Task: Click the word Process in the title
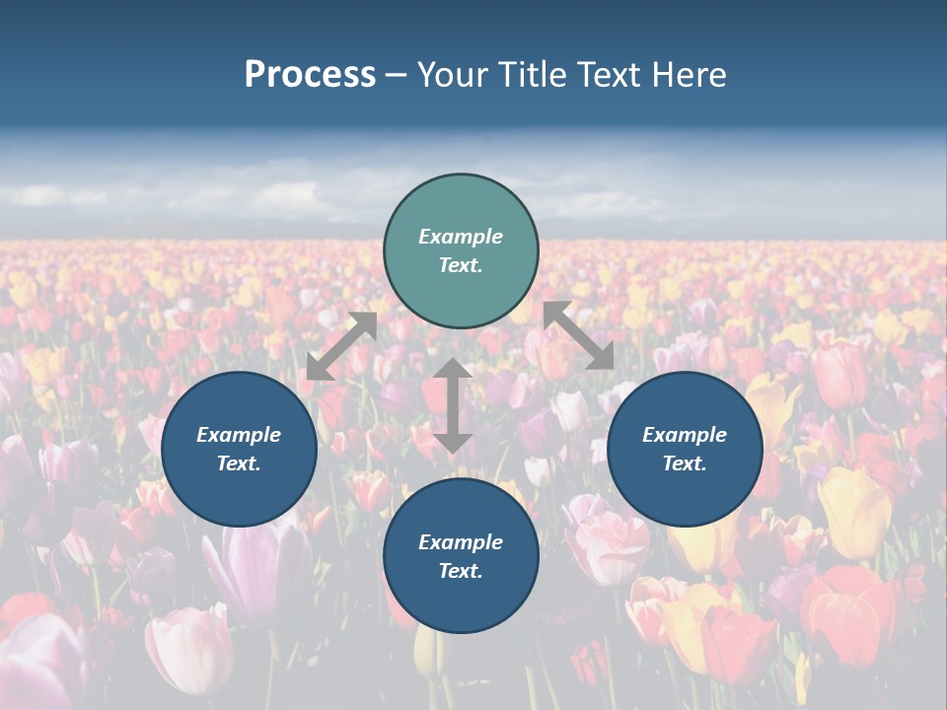(x=310, y=75)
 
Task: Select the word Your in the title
(x=453, y=75)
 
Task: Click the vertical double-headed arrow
(x=453, y=405)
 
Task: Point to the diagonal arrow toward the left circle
(x=341, y=346)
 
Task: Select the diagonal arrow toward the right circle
(x=578, y=335)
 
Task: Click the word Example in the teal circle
(x=461, y=237)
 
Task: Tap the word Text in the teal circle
(x=459, y=265)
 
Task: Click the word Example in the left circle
(x=239, y=435)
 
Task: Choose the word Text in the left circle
(x=238, y=463)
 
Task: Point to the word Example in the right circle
(x=685, y=435)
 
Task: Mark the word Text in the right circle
(x=683, y=463)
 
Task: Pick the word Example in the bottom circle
(x=461, y=542)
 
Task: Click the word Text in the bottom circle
(x=459, y=571)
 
